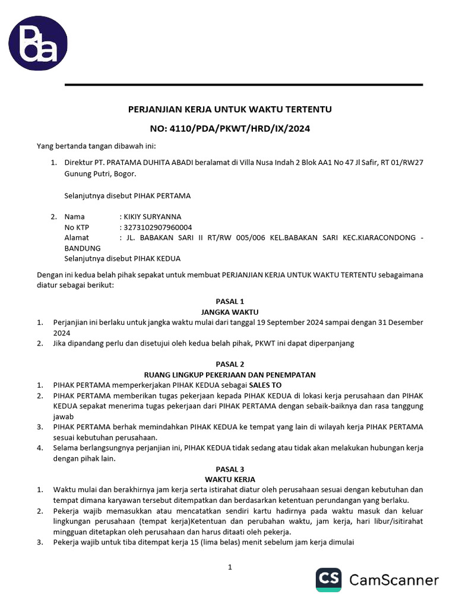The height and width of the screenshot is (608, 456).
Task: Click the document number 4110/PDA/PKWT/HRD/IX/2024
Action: point(230,128)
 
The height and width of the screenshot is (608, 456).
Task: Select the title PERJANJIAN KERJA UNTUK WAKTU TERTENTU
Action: point(230,109)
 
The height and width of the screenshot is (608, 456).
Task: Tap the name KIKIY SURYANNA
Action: point(152,217)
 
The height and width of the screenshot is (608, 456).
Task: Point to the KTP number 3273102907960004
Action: point(157,227)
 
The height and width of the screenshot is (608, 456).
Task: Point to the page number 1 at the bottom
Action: point(230,567)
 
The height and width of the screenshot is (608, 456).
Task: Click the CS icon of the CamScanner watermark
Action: point(328,579)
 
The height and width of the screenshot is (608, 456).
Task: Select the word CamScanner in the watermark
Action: point(394,580)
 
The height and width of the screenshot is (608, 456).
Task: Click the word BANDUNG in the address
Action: point(83,248)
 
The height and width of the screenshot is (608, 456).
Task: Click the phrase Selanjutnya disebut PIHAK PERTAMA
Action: point(127,195)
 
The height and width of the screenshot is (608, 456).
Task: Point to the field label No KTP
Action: point(77,227)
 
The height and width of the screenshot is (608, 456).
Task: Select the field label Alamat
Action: point(77,237)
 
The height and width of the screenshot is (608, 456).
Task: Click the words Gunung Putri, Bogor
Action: point(100,174)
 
